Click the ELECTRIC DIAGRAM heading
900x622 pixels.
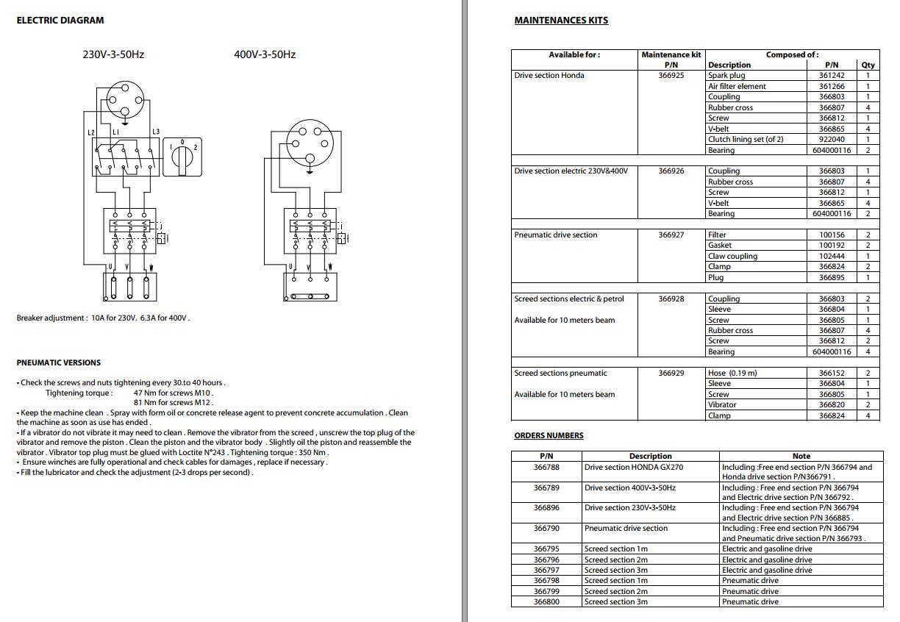point(60,21)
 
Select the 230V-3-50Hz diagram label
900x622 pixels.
point(113,54)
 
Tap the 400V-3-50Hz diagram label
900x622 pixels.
point(265,54)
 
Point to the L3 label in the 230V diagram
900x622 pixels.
point(156,132)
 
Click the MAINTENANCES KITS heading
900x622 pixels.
point(561,21)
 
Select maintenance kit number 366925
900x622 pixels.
point(671,76)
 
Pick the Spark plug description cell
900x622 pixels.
point(726,76)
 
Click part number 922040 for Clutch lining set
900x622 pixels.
point(832,140)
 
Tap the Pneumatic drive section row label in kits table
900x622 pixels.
point(556,235)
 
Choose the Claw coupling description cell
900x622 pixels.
point(732,257)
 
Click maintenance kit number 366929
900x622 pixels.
point(671,373)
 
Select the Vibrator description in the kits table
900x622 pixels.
point(722,405)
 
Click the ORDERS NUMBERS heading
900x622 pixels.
point(549,436)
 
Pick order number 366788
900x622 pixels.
point(546,468)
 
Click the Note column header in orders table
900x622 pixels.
point(801,457)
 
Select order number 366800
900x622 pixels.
point(546,602)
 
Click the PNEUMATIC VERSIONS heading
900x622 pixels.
point(59,363)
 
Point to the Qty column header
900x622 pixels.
point(868,65)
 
